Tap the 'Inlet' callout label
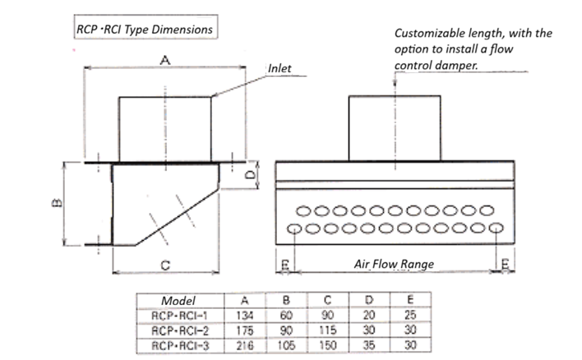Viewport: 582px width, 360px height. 279,68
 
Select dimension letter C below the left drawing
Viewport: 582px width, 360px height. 164,265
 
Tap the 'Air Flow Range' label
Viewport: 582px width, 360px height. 394,264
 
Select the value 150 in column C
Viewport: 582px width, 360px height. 330,345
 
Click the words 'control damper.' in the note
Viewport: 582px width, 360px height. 436,64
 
